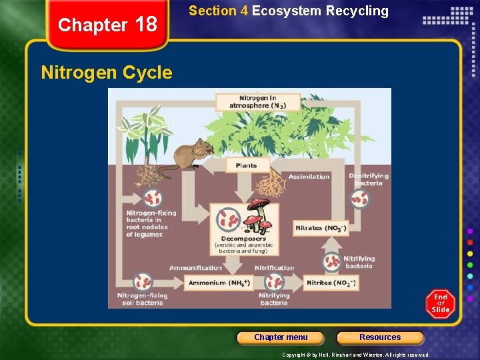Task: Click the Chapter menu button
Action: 281,337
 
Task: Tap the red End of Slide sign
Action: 441,304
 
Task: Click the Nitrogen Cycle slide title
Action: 107,72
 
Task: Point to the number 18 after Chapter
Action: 145,25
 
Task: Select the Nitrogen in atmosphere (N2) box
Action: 257,102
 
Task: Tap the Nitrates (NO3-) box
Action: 321,228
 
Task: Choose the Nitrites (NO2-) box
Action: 331,283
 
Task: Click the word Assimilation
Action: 309,177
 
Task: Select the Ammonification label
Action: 195,268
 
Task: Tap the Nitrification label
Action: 274,268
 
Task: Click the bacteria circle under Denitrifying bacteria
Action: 360,198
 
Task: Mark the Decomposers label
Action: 243,238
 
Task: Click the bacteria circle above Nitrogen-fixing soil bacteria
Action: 142,281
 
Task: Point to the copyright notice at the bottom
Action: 355,355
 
